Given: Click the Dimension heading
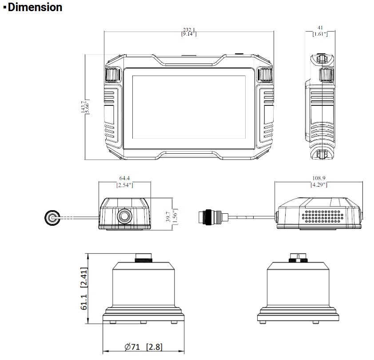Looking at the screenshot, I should click(33, 8).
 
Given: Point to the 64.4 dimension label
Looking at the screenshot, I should click(124, 181).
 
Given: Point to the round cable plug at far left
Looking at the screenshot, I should click(53, 218).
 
